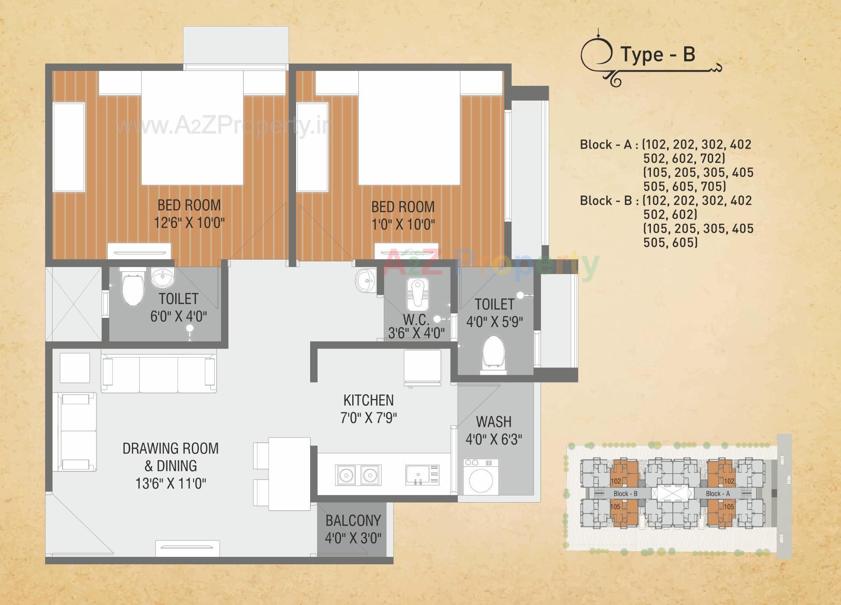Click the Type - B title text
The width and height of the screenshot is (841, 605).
point(657,55)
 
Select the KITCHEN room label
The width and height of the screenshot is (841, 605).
point(368,400)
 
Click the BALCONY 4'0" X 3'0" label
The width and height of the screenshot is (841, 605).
point(353,529)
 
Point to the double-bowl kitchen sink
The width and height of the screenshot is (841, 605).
point(358,475)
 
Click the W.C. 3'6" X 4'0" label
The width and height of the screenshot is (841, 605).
point(416,327)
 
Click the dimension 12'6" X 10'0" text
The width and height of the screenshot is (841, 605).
point(189,223)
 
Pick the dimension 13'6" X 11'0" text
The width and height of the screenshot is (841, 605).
point(170,484)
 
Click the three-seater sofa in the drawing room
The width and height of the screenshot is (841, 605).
point(159,375)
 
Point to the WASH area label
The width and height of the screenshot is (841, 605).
point(494,422)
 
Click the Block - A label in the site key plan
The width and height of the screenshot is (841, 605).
point(718,493)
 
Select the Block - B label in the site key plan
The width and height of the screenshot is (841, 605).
point(625,493)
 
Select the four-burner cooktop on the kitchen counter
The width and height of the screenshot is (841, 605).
point(422,475)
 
